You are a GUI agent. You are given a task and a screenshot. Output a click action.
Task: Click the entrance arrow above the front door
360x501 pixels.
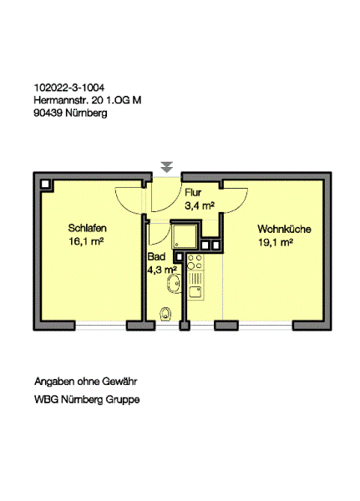167,166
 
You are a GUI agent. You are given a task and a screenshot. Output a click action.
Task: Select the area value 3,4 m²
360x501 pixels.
200,204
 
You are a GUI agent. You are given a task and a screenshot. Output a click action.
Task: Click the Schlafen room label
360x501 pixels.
87,228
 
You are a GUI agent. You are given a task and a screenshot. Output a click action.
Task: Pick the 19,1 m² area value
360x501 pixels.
275,242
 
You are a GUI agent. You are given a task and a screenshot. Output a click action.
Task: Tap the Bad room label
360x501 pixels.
156,257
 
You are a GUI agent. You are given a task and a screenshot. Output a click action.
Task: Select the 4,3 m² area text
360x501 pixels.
160,270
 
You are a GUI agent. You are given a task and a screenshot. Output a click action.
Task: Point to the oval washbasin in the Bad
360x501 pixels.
173,286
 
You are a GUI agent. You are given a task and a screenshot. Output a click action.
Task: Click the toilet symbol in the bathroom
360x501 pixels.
165,314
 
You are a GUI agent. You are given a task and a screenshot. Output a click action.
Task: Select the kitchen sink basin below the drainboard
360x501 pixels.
195,292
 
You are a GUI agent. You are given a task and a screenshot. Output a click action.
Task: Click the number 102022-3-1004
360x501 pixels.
69,88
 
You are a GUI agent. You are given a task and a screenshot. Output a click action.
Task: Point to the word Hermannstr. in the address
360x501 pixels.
60,100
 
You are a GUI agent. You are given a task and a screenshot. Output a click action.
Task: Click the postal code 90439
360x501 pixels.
48,113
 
